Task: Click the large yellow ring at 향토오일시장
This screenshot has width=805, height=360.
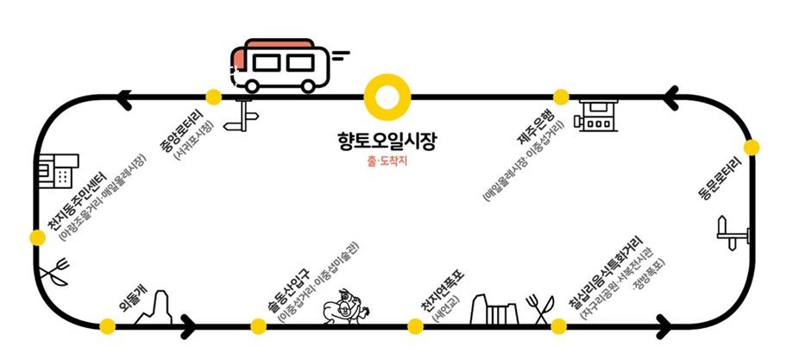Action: coord(386,96)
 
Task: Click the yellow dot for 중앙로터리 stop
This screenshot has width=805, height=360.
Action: coord(213,96)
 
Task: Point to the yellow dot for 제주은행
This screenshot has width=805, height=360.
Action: coord(561,96)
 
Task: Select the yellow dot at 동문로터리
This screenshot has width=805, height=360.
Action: coord(751,148)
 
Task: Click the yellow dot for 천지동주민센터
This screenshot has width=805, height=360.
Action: coord(36,237)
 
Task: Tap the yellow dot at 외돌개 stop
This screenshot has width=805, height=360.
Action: coord(108,325)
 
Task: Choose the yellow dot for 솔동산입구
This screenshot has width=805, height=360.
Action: coord(258,325)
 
